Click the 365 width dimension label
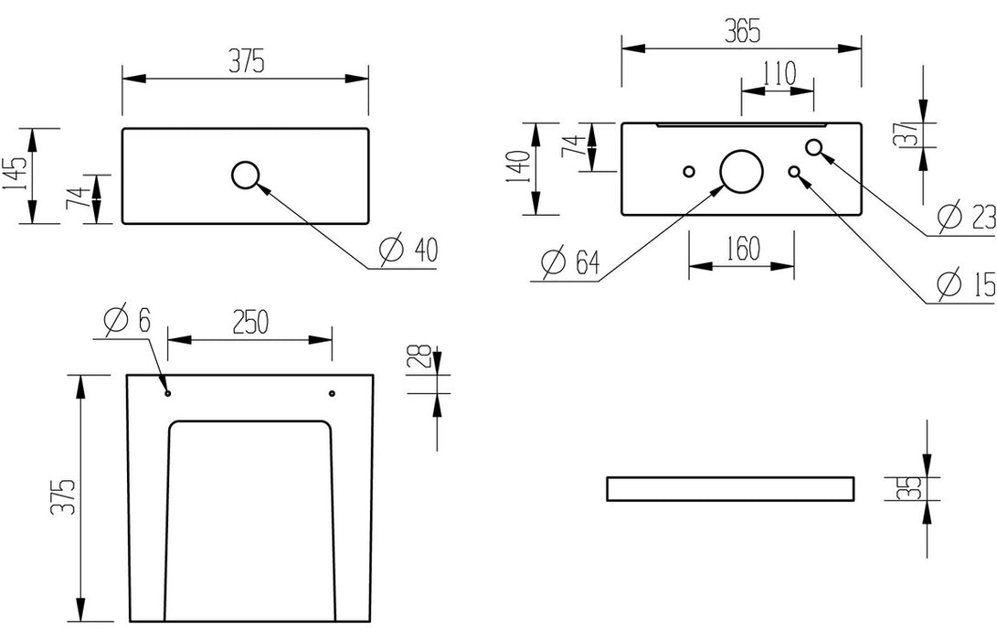741,31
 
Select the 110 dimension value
778,72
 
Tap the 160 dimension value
741,249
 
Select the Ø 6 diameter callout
126,320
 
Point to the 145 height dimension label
16,176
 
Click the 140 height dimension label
516,168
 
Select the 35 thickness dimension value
905,488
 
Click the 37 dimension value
905,134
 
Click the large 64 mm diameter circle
741,171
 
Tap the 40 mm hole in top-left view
246,175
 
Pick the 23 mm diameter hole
815,147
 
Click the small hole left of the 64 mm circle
689,172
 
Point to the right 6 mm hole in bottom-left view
332,393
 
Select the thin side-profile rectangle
730,488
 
